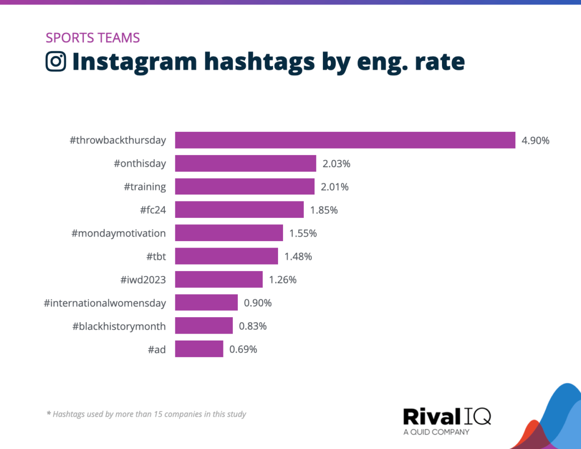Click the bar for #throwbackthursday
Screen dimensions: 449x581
coord(345,140)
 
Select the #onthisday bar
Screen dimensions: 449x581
coord(245,164)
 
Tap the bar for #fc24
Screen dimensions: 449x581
coord(239,210)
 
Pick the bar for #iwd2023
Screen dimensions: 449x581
coord(218,279)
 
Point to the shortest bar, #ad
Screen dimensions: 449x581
coord(199,349)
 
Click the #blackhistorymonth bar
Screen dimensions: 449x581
coord(204,326)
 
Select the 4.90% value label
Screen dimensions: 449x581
coord(535,141)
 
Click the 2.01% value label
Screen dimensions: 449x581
coord(335,187)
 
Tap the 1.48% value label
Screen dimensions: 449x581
coord(298,257)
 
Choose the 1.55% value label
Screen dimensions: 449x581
coord(303,233)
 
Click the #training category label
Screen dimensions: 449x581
coord(145,187)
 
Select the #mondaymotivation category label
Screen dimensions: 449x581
coord(119,233)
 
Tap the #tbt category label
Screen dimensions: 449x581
coord(156,257)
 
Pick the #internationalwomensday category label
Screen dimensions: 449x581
coord(105,303)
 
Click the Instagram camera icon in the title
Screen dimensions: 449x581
coord(56,62)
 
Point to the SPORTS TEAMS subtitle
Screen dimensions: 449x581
coord(92,38)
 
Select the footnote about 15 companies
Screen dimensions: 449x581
coord(146,414)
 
